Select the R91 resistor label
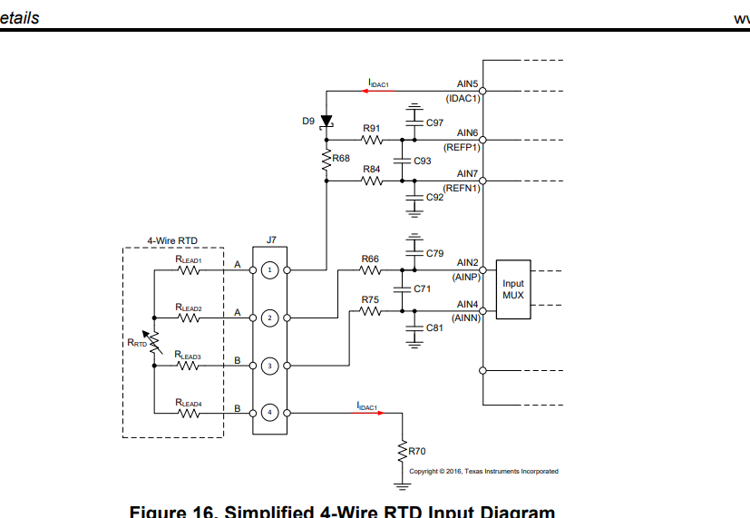tap(371, 129)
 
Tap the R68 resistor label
tap(341, 158)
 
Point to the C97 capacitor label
tap(434, 122)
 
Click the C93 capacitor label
tap(422, 161)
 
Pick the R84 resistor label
tap(371, 169)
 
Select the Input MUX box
tap(512, 289)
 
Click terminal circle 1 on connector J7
tap(269, 270)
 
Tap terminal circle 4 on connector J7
tap(269, 413)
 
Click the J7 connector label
tap(271, 240)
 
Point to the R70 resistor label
tap(417, 450)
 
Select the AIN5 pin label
tap(467, 83)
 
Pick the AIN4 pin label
tap(467, 304)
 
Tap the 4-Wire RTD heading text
tap(172, 240)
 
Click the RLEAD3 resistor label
tap(189, 355)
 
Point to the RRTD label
tap(136, 343)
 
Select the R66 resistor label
tap(370, 259)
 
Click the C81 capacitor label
tap(434, 328)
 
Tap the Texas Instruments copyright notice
tap(483, 471)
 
